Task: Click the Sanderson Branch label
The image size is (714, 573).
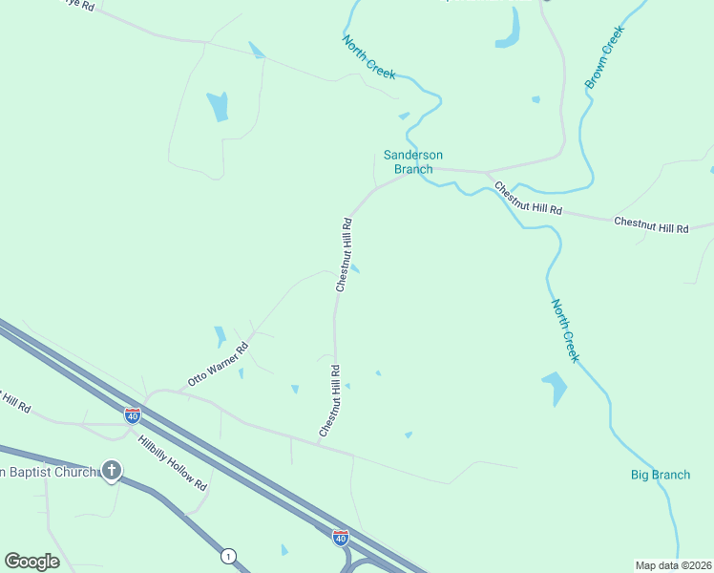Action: click(x=413, y=161)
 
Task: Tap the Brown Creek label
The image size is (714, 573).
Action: click(x=604, y=57)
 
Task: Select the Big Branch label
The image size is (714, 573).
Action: click(x=661, y=475)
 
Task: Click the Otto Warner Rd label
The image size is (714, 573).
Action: click(x=218, y=364)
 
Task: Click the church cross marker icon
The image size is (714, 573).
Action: click(x=113, y=470)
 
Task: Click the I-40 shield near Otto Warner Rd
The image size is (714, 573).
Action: click(x=133, y=415)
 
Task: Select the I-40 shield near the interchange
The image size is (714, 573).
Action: click(x=341, y=538)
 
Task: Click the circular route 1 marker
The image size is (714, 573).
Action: click(x=227, y=555)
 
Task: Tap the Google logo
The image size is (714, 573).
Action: click(x=31, y=561)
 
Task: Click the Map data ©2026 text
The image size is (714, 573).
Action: click(x=673, y=565)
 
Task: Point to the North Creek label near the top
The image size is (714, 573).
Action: click(x=368, y=58)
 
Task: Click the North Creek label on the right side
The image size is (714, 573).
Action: click(x=565, y=330)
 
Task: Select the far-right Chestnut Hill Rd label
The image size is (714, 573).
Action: click(x=651, y=225)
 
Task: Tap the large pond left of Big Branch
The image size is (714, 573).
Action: click(x=555, y=388)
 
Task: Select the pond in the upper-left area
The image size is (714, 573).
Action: click(x=219, y=105)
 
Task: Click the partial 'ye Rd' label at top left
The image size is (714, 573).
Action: click(x=80, y=5)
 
